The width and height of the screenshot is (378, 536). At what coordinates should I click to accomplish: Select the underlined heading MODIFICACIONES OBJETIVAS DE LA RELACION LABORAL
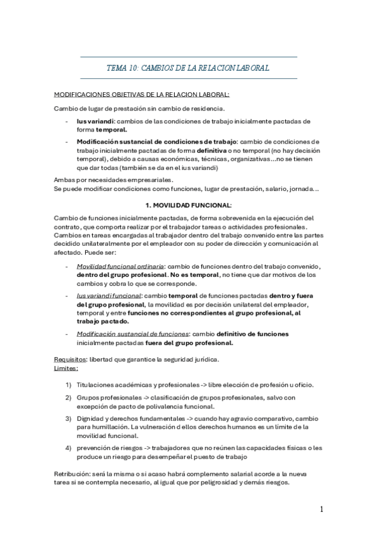coord(142,95)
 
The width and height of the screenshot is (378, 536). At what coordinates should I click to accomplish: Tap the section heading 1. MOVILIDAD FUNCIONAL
coord(189,205)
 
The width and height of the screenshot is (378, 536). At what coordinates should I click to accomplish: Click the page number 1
coord(321,509)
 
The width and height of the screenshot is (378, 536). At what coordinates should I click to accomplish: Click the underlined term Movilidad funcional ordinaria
coord(121,265)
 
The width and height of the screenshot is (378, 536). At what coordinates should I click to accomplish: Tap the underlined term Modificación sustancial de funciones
coord(129,334)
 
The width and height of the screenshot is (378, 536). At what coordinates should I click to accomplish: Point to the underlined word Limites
coord(66,367)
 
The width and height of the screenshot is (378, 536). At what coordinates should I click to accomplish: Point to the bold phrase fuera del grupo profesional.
coord(198,343)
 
